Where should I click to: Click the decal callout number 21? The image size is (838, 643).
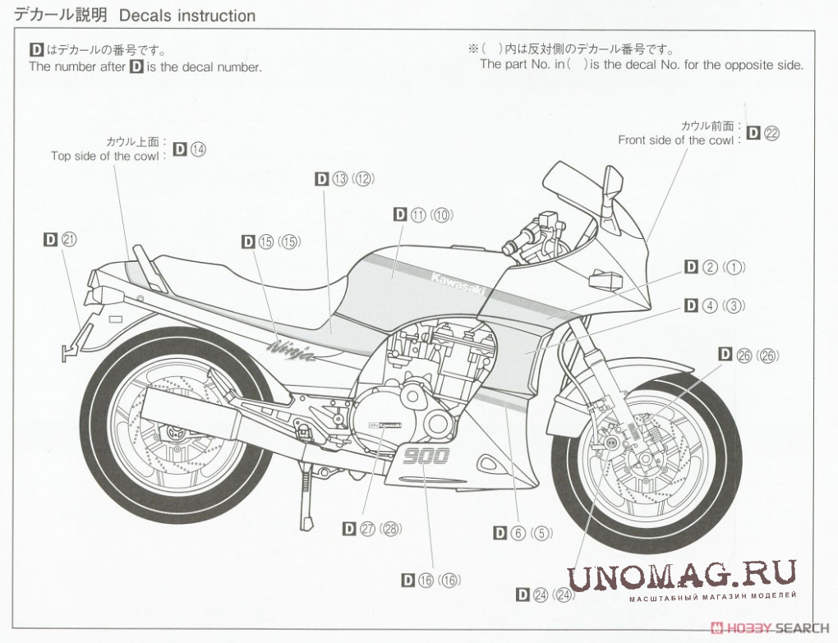pyautogui.click(x=69, y=239)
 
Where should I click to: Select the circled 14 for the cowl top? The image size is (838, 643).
pyautogui.click(x=198, y=149)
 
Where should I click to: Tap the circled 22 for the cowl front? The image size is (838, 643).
pyautogui.click(x=771, y=134)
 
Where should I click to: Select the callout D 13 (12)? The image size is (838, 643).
pyautogui.click(x=344, y=178)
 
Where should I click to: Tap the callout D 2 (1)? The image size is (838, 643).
pyautogui.click(x=714, y=267)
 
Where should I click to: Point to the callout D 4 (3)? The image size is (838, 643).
pyautogui.click(x=714, y=305)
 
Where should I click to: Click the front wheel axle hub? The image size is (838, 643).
pyautogui.click(x=610, y=444)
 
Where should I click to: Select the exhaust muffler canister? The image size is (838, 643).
pyautogui.click(x=190, y=420)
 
